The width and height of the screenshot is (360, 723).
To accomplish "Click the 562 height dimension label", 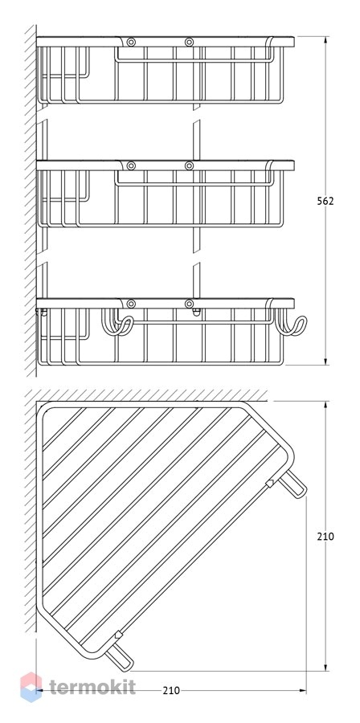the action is click(325, 201).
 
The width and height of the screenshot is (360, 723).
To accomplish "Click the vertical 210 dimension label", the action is click(325, 537).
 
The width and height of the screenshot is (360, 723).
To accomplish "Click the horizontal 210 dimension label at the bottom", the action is click(171, 690).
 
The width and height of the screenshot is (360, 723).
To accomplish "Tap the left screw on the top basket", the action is click(131, 43).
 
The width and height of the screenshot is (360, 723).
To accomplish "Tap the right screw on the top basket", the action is click(189, 43).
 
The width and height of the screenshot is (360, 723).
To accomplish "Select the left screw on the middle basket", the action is click(131, 165).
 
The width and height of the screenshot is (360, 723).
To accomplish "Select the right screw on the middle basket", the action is click(189, 165).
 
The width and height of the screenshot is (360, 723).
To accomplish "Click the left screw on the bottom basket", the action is click(131, 304).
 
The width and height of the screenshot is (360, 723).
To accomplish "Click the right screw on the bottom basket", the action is click(189, 304).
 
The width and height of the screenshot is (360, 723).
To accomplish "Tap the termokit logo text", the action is click(92, 687).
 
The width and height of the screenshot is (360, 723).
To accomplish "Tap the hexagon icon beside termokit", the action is click(31, 687).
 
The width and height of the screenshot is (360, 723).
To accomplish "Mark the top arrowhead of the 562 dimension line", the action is click(326, 39).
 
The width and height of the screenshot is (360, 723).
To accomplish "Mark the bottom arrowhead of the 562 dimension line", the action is click(326, 361).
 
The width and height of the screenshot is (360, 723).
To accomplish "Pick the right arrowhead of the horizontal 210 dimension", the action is click(302, 690).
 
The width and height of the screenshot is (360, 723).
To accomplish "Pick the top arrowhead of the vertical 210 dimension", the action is click(326, 405).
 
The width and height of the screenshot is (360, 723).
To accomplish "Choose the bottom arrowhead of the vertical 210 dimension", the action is click(326, 668).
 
